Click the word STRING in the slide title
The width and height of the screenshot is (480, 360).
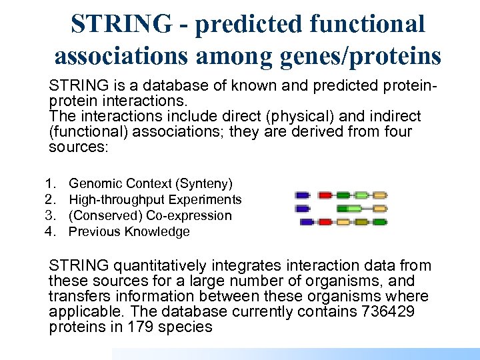pyautogui.click(x=121, y=24)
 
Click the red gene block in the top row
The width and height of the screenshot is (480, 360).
pyautogui.click(x=325, y=195)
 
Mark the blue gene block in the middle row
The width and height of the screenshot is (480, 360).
pyautogui.click(x=303, y=209)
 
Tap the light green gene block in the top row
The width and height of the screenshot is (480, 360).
pyautogui.click(x=361, y=195)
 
